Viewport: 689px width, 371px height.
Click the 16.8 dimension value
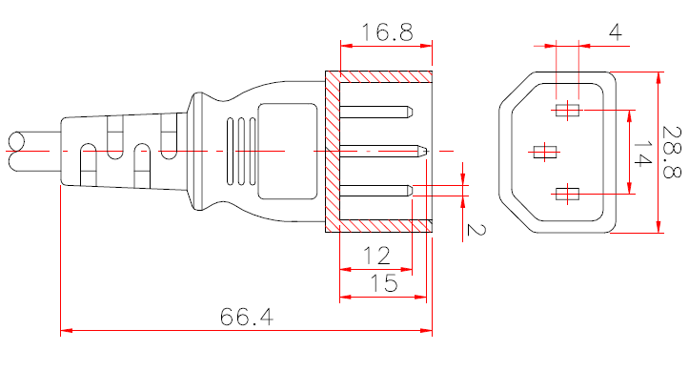tap(386, 32)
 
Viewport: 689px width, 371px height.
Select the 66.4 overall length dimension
tap(247, 317)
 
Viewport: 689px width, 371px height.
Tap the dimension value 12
tap(376, 255)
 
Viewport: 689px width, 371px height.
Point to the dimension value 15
tap(383, 283)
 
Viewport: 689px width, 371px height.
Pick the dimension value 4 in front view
tap(615, 32)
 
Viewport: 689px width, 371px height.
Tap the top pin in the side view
tap(376, 111)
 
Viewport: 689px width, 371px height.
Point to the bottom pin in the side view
tap(376, 190)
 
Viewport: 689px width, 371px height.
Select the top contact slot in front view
tap(567, 110)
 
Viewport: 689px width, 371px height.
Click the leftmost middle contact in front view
tap(545, 151)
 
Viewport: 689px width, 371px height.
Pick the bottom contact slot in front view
tap(567, 195)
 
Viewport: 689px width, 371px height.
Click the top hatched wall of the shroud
tap(379, 76)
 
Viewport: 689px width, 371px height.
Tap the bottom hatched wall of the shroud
tap(379, 225)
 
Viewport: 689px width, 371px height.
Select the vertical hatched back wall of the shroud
tap(333, 151)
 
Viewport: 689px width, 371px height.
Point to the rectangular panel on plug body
tap(286, 151)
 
